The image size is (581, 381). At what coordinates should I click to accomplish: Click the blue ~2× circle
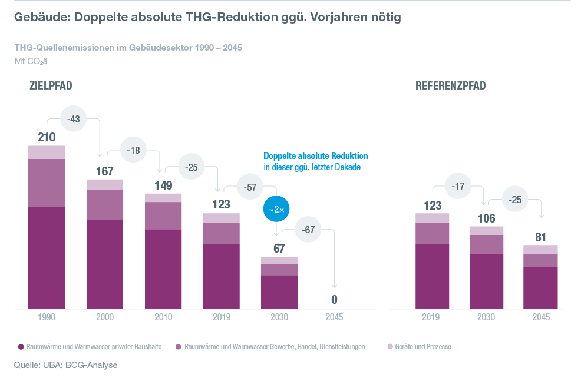coord(276,209)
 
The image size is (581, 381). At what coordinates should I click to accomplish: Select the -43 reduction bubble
coord(74,120)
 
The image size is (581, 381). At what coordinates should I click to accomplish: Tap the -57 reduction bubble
coord(250,188)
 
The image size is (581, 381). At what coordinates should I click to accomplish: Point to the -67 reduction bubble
coord(308,230)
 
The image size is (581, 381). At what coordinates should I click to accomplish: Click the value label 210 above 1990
coord(47,137)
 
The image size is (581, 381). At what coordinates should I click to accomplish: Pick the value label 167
coord(105,171)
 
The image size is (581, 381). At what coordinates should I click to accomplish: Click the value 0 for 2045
coord(334,300)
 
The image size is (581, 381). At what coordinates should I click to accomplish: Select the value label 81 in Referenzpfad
coord(541,237)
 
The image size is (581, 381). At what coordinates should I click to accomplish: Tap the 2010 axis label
coord(163,317)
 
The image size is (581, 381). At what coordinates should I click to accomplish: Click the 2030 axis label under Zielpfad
coord(279,317)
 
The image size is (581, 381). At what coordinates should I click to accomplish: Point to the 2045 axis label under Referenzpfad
coord(541,317)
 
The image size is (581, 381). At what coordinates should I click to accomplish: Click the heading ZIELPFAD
coord(51,86)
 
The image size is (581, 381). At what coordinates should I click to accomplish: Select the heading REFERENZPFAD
coord(451,86)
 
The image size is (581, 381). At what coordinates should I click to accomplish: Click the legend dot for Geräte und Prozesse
coord(389,347)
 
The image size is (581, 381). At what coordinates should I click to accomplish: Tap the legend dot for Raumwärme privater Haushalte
coord(21,347)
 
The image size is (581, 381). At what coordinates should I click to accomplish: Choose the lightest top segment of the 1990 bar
coord(47,152)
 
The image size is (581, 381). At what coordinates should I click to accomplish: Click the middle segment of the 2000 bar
coord(105,204)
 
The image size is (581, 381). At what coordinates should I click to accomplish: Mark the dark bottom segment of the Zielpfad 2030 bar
coord(279,291)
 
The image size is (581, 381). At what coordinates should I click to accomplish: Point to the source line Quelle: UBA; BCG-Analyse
coord(66,365)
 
